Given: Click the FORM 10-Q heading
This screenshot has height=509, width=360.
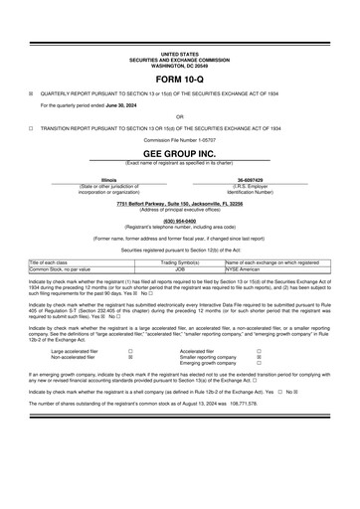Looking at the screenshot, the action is pos(180,78).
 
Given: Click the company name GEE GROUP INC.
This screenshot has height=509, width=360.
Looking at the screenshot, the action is pos(180,155).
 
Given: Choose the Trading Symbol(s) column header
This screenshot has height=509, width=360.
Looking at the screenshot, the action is pos(181,262).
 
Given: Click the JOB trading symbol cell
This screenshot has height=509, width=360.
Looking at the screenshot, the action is pos(180,268).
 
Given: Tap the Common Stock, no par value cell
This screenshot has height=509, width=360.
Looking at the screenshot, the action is pos(61,268).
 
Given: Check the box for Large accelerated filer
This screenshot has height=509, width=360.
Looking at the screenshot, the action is pos(130,351).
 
